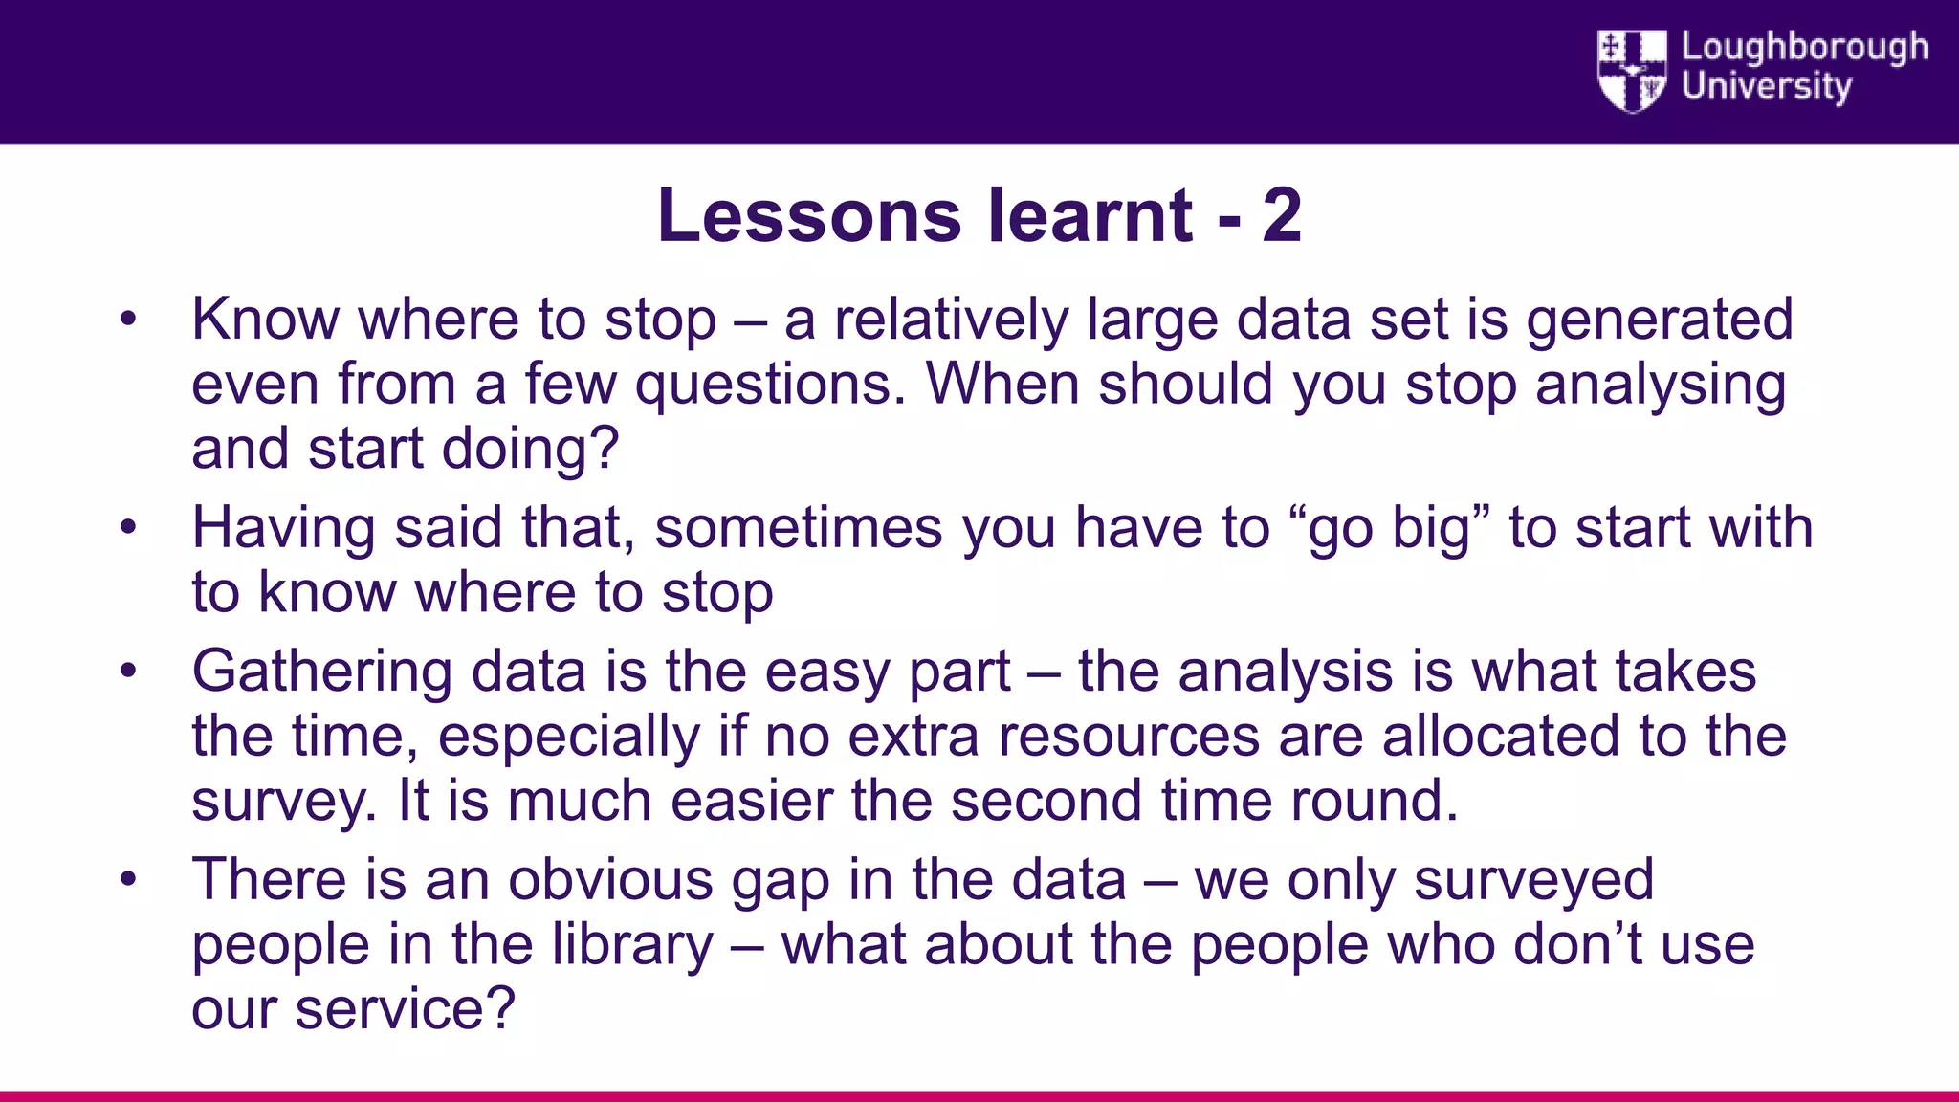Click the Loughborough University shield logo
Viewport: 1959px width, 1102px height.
1632,70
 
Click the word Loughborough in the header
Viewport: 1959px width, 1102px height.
1804,48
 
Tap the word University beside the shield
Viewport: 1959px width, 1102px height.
1766,87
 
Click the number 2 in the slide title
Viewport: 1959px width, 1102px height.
1282,216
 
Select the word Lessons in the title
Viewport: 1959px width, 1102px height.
809,216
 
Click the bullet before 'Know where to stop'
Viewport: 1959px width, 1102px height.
129,320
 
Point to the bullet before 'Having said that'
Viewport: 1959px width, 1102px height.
129,528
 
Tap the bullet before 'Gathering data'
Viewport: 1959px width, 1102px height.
129,672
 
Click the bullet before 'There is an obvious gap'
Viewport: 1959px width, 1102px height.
129,880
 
